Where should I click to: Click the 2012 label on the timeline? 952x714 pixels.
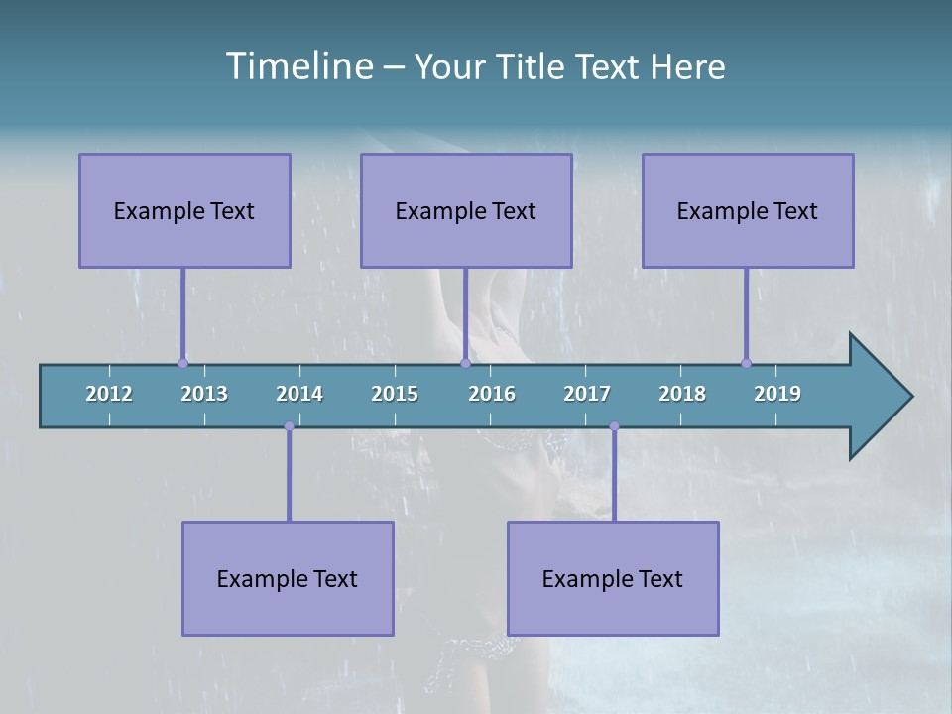[109, 394]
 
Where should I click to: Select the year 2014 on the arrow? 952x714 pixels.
[299, 394]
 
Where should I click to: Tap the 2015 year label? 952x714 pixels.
[395, 394]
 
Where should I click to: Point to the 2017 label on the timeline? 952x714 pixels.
[587, 394]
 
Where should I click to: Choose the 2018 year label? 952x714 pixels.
[682, 394]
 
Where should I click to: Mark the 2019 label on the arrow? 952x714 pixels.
[777, 394]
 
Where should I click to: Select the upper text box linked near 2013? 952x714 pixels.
[184, 210]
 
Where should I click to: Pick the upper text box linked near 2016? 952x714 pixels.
[466, 210]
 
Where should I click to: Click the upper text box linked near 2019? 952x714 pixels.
[748, 210]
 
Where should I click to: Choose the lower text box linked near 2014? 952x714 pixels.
[288, 578]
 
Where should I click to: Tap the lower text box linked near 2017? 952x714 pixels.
[613, 578]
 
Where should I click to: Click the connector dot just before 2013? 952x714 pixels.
[182, 363]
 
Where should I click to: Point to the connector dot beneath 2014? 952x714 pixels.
[289, 426]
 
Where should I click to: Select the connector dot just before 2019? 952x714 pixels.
[746, 363]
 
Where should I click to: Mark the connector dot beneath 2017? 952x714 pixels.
[614, 426]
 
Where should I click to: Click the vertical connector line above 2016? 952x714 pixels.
[465, 312]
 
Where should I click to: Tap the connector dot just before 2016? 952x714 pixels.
[465, 363]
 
